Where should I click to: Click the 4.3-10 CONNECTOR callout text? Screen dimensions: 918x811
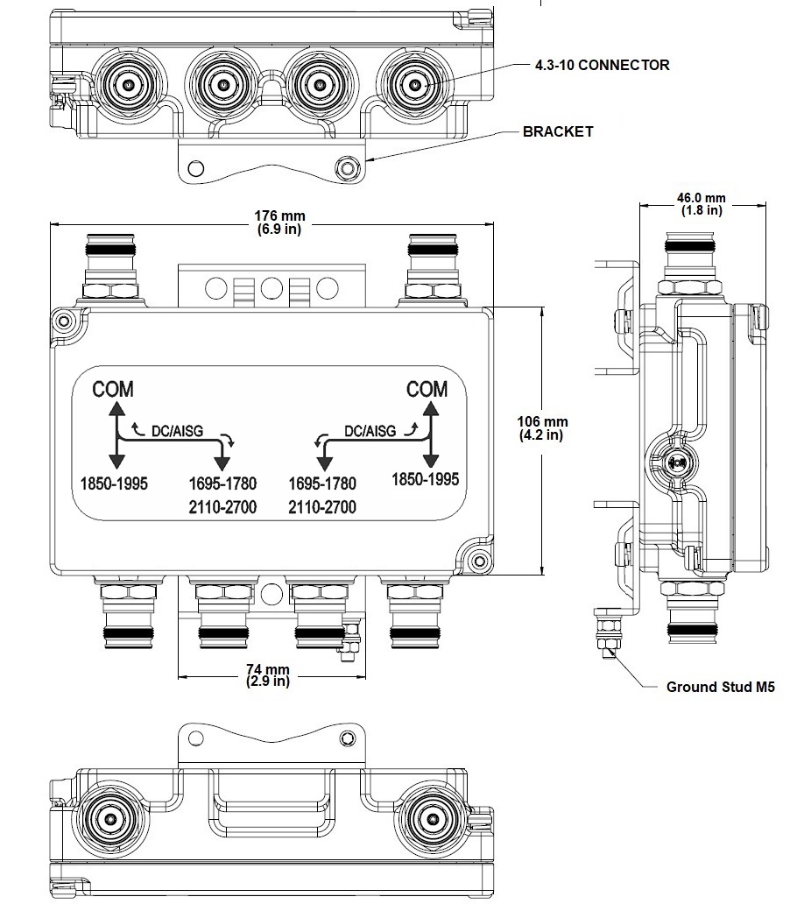tap(602, 65)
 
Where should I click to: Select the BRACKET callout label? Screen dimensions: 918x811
tap(558, 131)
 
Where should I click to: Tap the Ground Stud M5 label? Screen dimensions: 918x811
tap(720, 686)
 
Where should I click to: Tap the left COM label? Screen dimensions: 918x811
tap(113, 389)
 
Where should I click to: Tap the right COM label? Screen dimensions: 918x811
tap(427, 388)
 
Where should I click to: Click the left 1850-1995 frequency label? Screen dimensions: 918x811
tap(114, 483)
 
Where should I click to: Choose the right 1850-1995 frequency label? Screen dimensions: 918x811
tap(425, 479)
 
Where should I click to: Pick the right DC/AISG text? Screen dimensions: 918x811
tap(370, 431)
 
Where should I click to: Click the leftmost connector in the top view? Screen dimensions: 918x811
tap(127, 85)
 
